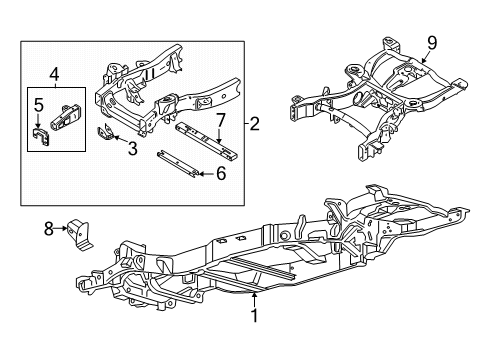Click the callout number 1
[x=255, y=315]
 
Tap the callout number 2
[x=254, y=124]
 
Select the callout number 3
[x=133, y=148]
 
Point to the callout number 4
[x=54, y=75]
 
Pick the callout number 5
[x=39, y=105]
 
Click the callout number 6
[x=221, y=174]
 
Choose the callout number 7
[x=221, y=121]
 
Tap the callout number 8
[x=49, y=229]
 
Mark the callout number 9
[x=432, y=43]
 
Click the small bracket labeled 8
[x=79, y=234]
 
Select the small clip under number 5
[x=41, y=136]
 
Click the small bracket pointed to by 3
[x=105, y=132]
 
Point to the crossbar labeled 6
[x=178, y=165]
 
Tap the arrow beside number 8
[x=61, y=228]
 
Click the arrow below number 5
[x=39, y=121]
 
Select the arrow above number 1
[x=255, y=299]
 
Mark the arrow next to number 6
[x=207, y=174]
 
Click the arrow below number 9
[x=425, y=57]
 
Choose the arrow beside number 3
[x=120, y=139]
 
